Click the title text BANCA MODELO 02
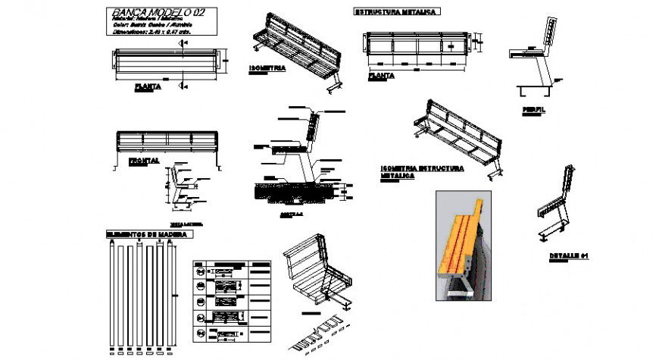click(157, 13)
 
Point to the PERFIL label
click(533, 109)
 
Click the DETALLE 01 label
click(569, 255)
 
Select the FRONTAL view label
click(143, 161)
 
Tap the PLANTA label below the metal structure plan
click(380, 76)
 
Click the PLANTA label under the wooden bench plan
click(148, 86)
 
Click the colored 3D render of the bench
click(467, 246)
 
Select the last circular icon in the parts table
click(200, 333)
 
